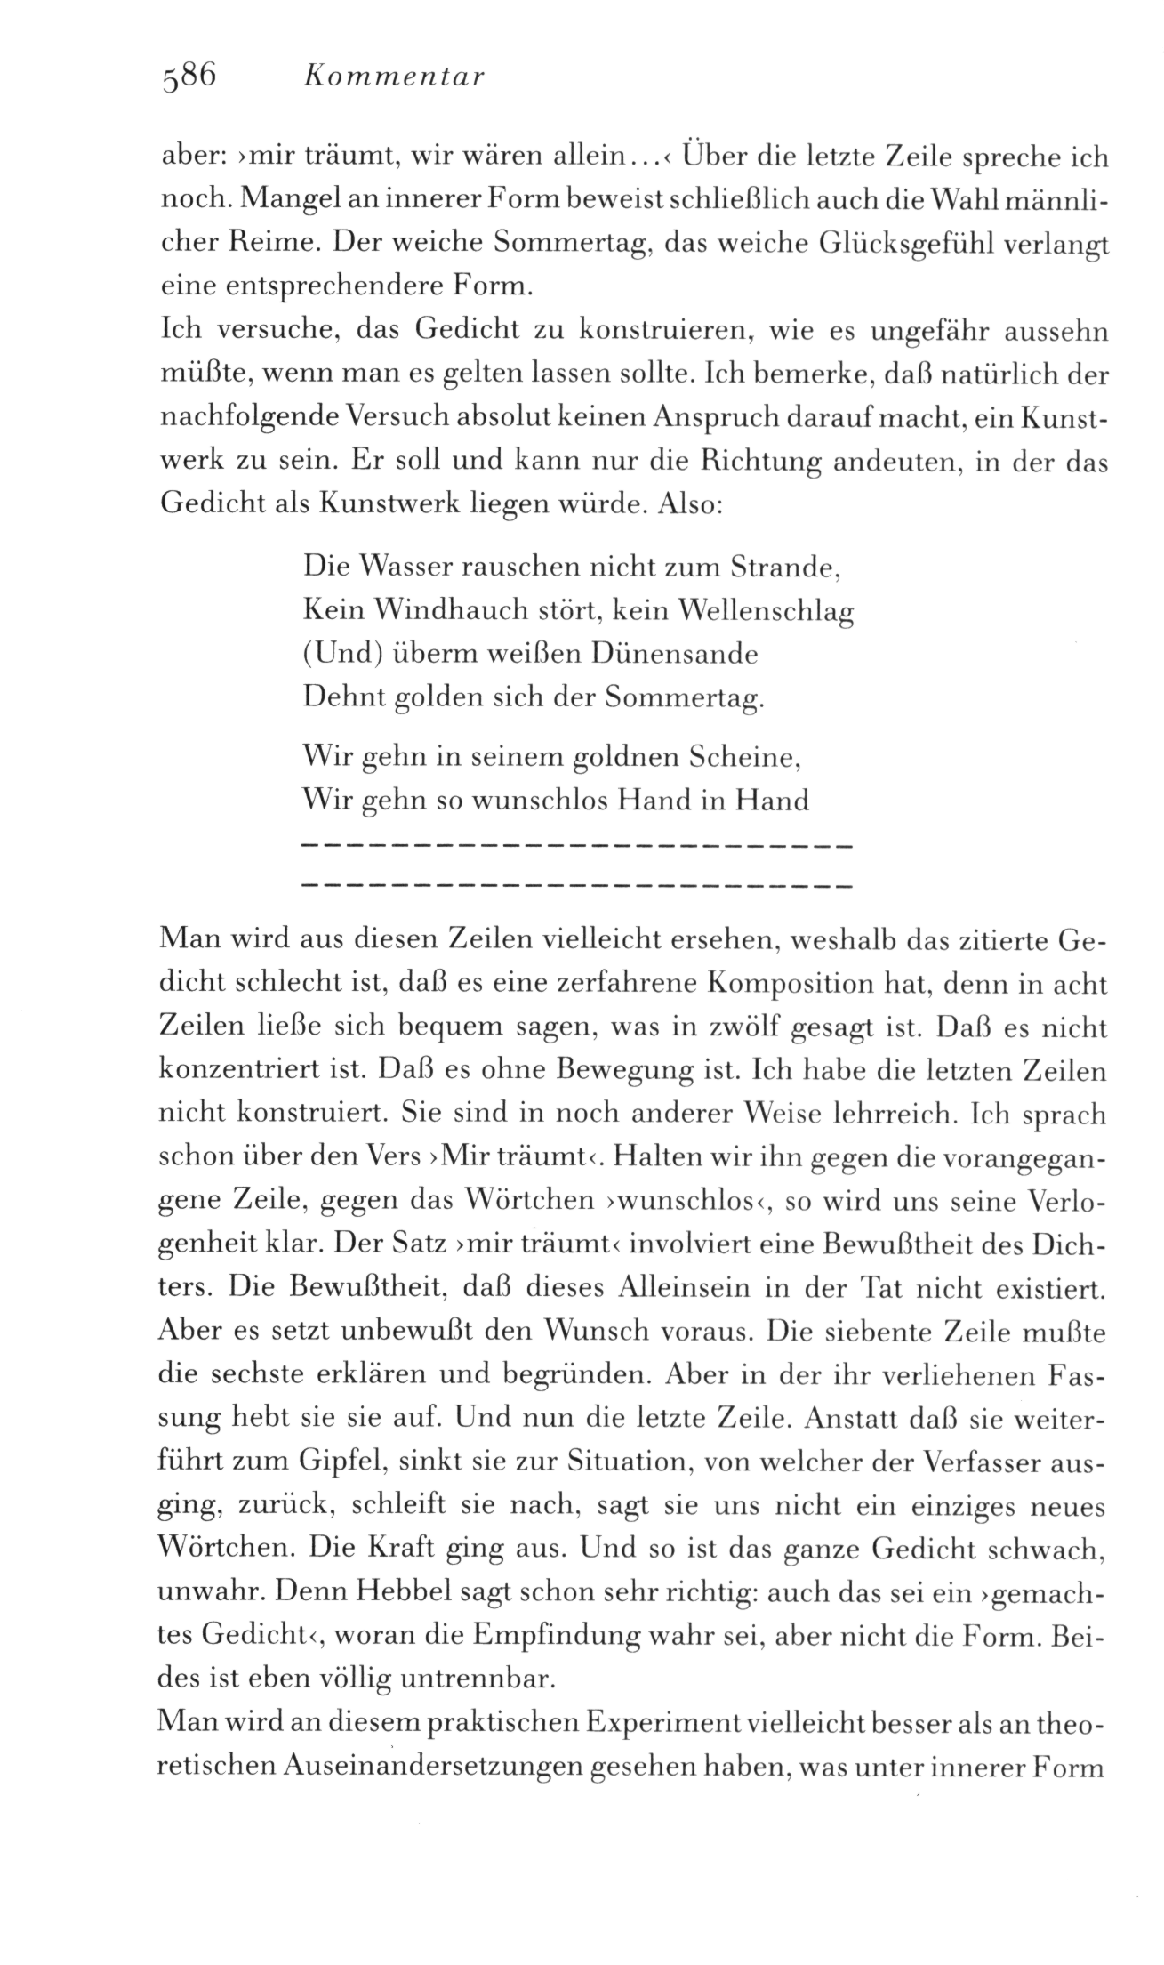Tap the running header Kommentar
393,78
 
